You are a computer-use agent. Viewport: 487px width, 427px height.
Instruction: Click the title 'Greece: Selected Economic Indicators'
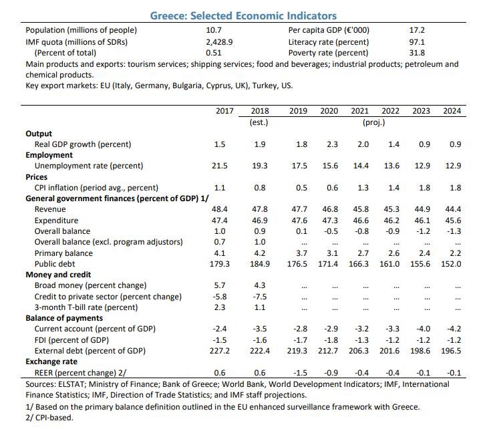point(243,15)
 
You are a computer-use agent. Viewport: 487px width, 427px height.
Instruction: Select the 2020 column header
point(329,111)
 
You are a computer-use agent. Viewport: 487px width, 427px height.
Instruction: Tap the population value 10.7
point(214,30)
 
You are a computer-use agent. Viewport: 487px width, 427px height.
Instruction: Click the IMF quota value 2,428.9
point(219,42)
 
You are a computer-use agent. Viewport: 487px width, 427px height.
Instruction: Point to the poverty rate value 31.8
point(417,53)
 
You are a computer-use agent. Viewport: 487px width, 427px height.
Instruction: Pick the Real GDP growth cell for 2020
point(332,144)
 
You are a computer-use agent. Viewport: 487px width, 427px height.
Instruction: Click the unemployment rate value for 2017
point(220,166)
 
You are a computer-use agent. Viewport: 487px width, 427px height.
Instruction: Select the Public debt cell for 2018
point(260,264)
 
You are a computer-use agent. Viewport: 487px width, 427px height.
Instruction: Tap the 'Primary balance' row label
point(63,253)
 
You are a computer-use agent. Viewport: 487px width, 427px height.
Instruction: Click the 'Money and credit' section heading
point(58,275)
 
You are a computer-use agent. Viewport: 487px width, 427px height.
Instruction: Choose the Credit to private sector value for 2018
point(260,297)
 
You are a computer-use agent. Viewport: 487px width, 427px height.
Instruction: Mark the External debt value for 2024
point(451,351)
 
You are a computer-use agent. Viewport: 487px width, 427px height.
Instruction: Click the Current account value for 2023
point(423,329)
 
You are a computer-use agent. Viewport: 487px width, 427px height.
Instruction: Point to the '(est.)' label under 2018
point(259,122)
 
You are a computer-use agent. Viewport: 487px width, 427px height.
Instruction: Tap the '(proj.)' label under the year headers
point(374,122)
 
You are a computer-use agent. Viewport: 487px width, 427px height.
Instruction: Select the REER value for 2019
point(300,373)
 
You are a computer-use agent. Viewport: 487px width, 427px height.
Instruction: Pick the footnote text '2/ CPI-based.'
point(49,418)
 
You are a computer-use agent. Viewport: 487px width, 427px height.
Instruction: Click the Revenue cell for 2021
point(361,209)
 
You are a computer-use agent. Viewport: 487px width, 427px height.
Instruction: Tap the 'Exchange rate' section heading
point(51,362)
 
